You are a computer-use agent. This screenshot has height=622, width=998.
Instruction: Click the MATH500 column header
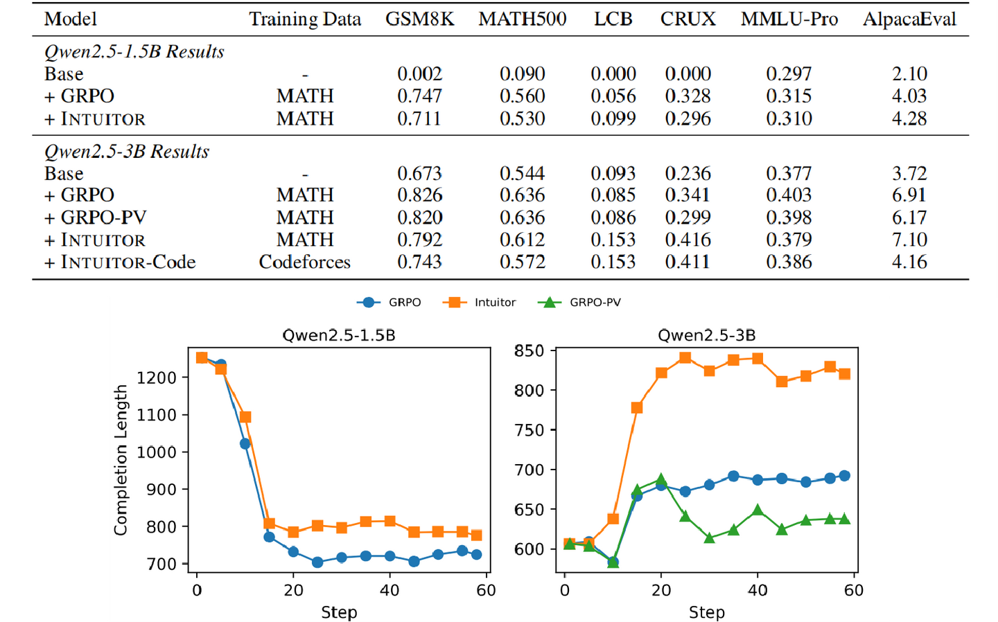[522, 19]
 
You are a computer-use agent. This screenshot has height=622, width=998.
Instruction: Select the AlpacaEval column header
[909, 19]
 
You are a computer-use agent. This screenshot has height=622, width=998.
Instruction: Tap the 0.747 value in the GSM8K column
[419, 96]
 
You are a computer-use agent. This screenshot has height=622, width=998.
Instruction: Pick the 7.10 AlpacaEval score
[909, 240]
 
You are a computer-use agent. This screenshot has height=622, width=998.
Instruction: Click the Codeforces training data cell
[305, 262]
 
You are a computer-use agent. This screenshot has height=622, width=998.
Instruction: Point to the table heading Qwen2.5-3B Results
[127, 152]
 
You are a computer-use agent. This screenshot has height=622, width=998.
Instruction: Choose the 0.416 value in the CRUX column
[688, 240]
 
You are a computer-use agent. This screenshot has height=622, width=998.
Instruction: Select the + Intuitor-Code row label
[120, 262]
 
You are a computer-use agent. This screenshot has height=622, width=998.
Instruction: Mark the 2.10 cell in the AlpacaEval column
[909, 74]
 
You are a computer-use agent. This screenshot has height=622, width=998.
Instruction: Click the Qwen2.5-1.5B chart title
[339, 335]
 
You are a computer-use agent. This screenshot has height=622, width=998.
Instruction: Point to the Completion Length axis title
[121, 460]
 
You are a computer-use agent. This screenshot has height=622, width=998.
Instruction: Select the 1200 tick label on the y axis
[157, 377]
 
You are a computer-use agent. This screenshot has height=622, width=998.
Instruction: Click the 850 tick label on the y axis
[529, 350]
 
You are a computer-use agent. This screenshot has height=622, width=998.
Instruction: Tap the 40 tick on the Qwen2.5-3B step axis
[758, 590]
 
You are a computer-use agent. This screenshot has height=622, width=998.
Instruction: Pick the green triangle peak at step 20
[661, 479]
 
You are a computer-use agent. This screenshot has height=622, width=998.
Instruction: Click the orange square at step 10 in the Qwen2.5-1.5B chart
[245, 417]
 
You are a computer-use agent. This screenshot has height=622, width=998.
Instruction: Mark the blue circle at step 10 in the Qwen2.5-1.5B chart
[245, 444]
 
